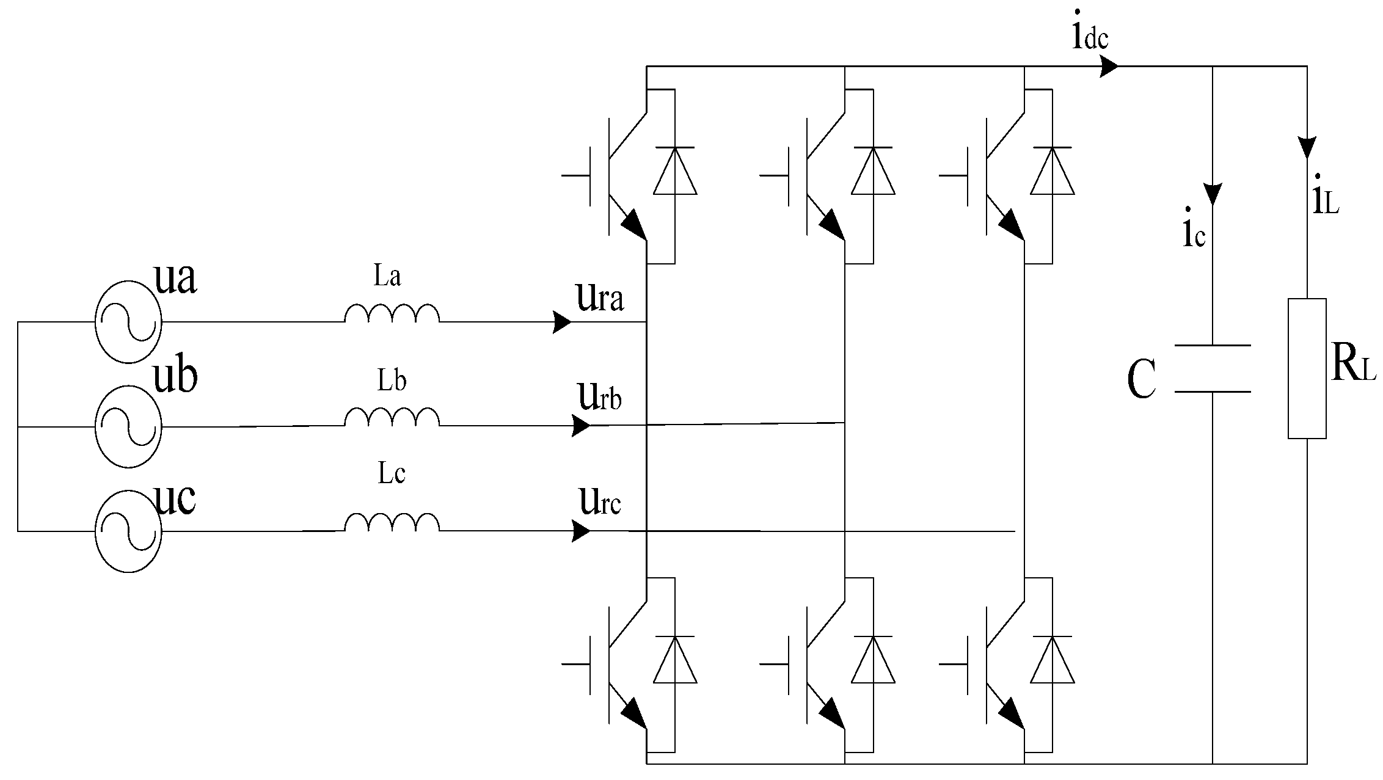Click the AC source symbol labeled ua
click(x=128, y=322)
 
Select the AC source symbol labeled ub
click(x=128, y=426)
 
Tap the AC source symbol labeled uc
click(x=128, y=531)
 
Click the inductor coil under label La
click(x=392, y=313)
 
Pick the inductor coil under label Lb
click(x=392, y=418)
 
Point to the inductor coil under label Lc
click(x=392, y=523)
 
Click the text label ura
click(x=599, y=298)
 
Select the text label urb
click(x=599, y=398)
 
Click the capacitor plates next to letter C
click(x=1213, y=368)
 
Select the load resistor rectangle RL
click(x=1307, y=368)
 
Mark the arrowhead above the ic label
click(x=1213, y=194)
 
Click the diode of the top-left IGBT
click(x=675, y=172)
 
